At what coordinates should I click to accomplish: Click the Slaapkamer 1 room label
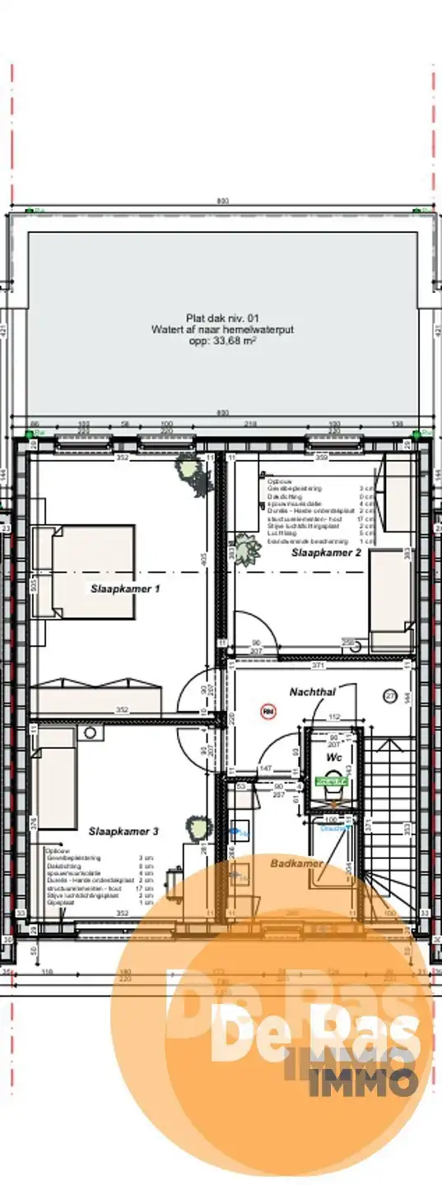(x=123, y=589)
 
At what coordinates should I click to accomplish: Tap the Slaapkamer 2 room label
(x=326, y=554)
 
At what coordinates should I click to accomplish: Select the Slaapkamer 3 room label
(x=123, y=831)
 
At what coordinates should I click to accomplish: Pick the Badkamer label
(x=296, y=863)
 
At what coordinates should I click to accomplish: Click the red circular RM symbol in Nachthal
(x=268, y=710)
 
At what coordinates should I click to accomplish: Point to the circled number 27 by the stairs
(x=390, y=696)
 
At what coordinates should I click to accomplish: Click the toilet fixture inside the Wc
(x=332, y=790)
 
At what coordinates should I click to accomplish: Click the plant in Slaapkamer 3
(x=196, y=825)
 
